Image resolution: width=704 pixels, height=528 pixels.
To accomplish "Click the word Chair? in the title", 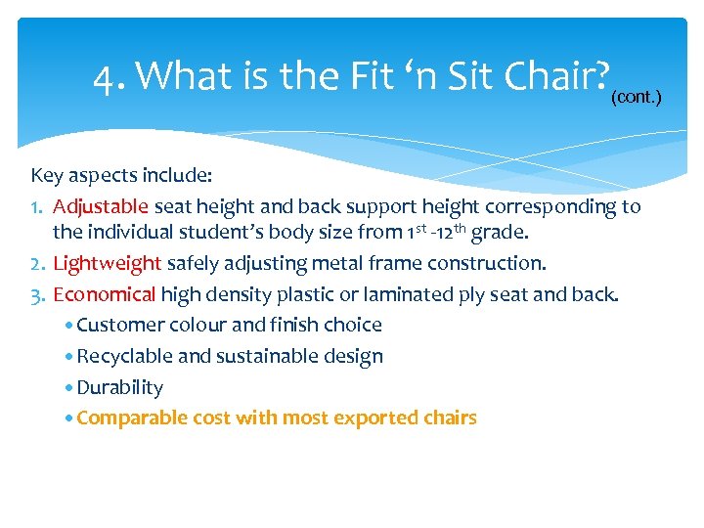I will [565, 74].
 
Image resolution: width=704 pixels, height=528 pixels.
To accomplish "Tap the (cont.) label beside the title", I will [637, 98].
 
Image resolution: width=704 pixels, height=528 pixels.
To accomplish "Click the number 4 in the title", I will [104, 75].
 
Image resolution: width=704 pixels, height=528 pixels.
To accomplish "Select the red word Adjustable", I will [101, 206].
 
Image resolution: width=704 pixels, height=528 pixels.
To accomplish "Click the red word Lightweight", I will [107, 263].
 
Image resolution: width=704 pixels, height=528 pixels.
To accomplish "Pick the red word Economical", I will [105, 294].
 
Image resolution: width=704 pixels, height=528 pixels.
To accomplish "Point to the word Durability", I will [119, 387].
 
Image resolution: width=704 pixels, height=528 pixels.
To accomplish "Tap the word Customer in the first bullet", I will [118, 325].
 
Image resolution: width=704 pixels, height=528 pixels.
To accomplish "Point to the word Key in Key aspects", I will [47, 176].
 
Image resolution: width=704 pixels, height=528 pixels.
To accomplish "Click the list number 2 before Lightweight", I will [37, 263].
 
